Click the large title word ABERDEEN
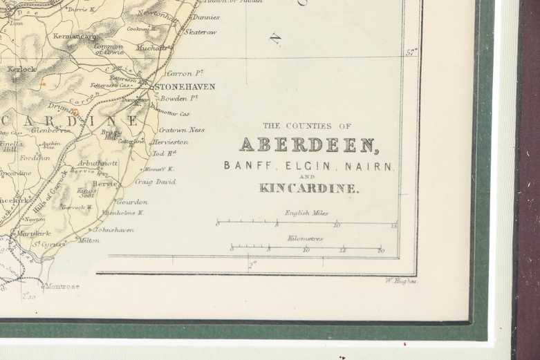pos(308,145)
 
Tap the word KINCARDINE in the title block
pos(308,187)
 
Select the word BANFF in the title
pos(243,166)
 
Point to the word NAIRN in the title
pos(374,166)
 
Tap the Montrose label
pos(63,286)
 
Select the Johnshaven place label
pos(113,229)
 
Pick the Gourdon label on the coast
pos(131,202)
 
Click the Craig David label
pos(154,182)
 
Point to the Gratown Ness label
pos(181,130)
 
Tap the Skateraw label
pos(200,32)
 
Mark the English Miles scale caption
pos(306,213)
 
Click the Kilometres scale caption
pos(305,238)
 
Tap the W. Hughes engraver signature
pos(400,281)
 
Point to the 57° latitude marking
pos(411,52)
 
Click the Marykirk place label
pos(34,234)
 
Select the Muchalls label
pos(152,48)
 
